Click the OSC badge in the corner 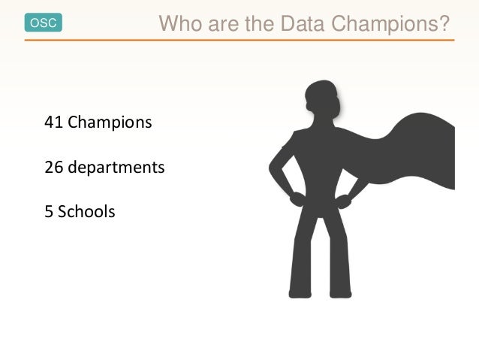point(43,23)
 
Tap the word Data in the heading point(303,25)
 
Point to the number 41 point(54,121)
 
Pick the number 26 point(54,167)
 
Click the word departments point(116,167)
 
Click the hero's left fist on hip point(297,198)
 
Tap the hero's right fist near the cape point(344,200)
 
